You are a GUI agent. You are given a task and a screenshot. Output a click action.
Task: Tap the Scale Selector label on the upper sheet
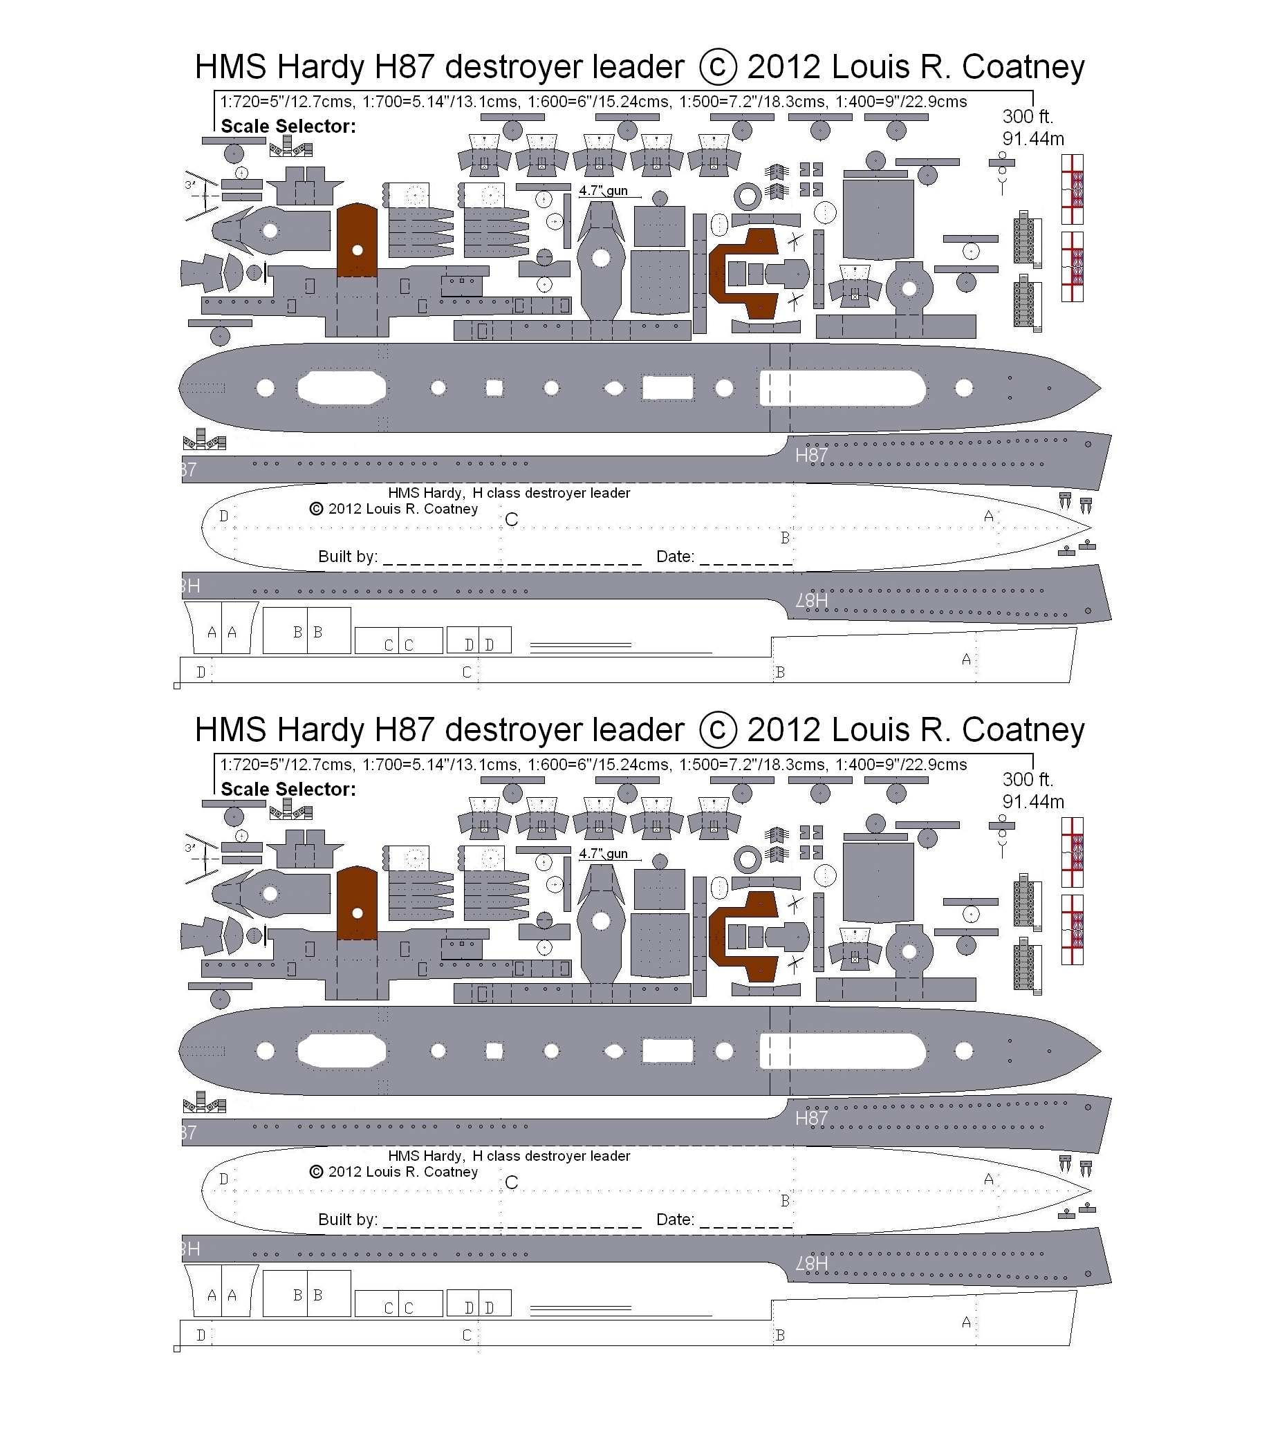coord(289,127)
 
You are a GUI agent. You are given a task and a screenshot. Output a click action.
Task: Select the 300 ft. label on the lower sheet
coord(1028,779)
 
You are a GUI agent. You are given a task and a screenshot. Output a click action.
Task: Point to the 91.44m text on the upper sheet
coord(1033,139)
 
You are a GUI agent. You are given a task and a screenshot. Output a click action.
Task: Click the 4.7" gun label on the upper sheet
coord(604,191)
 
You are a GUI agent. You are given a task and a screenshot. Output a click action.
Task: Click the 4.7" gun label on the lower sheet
coord(604,854)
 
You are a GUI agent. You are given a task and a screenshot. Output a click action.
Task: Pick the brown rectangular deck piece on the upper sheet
coord(357,240)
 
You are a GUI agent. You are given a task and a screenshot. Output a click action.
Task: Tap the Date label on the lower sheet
coord(676,1220)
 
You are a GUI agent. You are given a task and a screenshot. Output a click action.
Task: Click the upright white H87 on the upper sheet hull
coord(811,456)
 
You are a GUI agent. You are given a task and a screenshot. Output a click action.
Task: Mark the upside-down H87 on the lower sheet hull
coord(811,1264)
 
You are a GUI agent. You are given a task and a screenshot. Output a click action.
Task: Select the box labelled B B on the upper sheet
coord(307,631)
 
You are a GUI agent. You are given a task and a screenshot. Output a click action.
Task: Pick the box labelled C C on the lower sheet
coord(398,1303)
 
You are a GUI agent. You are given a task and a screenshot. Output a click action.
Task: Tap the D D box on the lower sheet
coord(479,1303)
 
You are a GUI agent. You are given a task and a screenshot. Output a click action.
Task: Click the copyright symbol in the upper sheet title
coord(718,67)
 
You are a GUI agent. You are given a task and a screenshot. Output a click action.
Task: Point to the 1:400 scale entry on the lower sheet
coord(902,765)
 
